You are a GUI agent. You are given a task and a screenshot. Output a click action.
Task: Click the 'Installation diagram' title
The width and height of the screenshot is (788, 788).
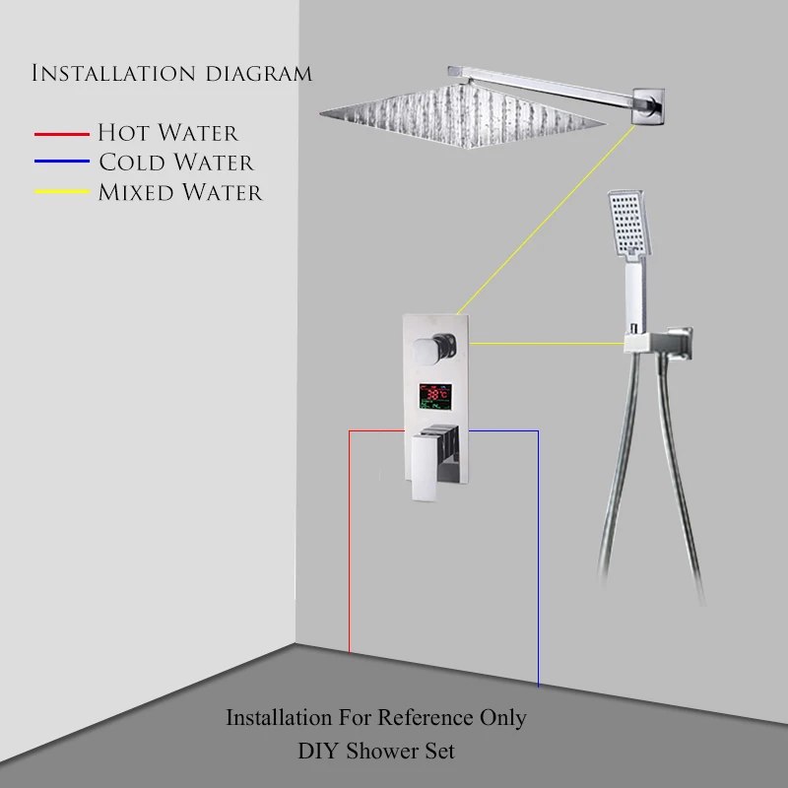(172, 74)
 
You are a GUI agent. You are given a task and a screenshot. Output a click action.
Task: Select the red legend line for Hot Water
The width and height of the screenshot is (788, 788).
(62, 133)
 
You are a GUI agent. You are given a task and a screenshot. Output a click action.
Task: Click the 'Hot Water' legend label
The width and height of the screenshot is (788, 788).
(167, 133)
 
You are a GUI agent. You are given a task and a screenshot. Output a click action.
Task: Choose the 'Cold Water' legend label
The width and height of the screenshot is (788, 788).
(175, 163)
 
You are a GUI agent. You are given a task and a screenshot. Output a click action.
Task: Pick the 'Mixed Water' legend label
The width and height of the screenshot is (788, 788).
(180, 192)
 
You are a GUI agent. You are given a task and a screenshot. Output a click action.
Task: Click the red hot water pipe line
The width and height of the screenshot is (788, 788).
(350, 542)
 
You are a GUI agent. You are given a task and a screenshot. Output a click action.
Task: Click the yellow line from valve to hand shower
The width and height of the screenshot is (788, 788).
(547, 344)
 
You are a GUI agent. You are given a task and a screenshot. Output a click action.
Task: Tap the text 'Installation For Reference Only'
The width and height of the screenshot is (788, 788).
(376, 718)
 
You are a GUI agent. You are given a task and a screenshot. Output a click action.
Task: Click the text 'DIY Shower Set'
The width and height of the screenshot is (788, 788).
(376, 752)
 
